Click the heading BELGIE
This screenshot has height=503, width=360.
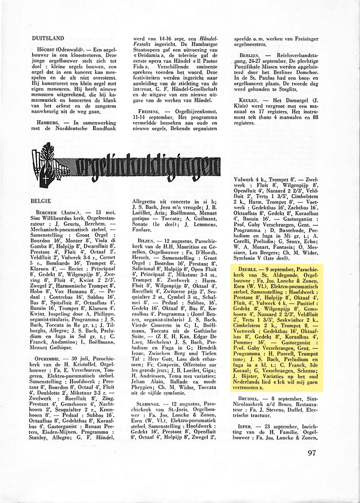point(41,198)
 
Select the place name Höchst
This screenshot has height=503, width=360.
point(45,50)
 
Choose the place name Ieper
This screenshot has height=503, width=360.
point(244,427)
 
